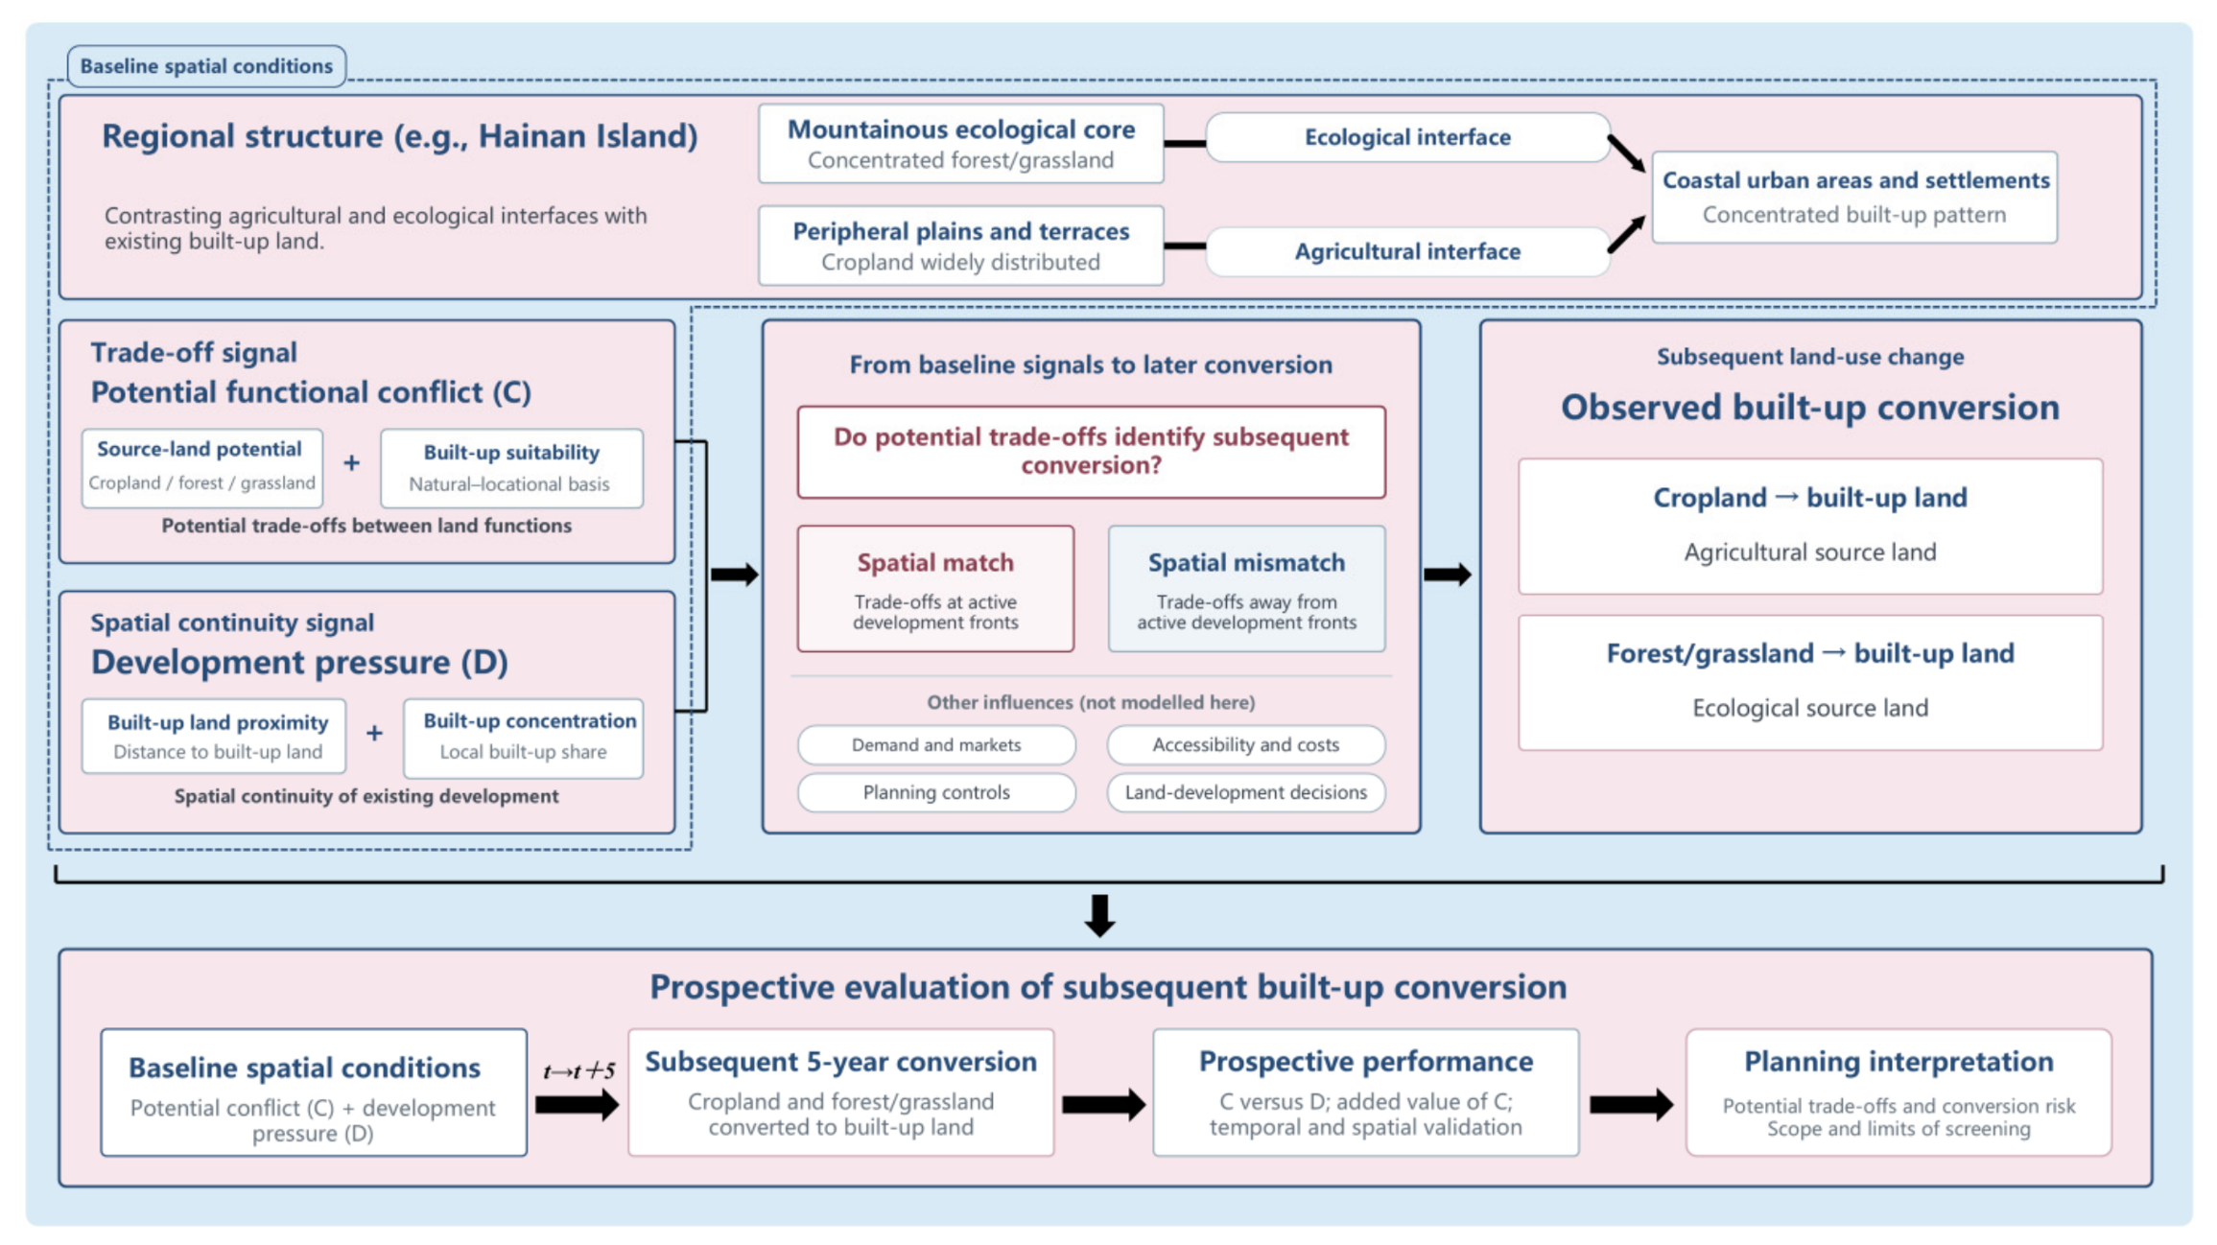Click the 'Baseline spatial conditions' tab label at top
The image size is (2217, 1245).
point(206,66)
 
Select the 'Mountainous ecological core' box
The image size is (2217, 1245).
point(960,144)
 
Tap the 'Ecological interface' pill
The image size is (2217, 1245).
point(1407,137)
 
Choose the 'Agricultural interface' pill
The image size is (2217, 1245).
point(1407,251)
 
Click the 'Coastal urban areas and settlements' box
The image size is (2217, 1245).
point(1854,197)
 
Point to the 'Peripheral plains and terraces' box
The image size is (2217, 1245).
point(960,246)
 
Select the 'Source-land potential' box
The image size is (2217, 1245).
point(201,468)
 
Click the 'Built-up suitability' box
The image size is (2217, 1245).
point(511,468)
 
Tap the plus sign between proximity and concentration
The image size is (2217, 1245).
point(374,734)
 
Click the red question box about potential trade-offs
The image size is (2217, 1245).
point(1091,452)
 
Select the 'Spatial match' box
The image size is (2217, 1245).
point(935,589)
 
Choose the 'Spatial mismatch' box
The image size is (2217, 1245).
point(1246,589)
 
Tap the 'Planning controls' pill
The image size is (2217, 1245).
point(936,792)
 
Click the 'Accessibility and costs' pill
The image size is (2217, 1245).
point(1246,744)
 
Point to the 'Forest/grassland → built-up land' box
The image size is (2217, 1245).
point(1810,682)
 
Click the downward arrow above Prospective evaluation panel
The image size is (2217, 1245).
point(1099,915)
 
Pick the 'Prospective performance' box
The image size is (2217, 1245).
point(1365,1092)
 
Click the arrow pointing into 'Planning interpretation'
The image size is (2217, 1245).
point(1631,1105)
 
